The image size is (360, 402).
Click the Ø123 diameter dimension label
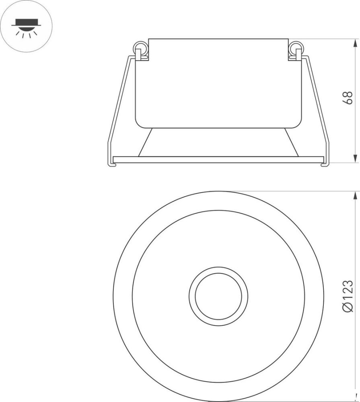348,296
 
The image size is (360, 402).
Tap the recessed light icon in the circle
26,26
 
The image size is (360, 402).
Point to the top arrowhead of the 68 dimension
355,43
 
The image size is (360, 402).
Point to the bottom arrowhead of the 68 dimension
355,158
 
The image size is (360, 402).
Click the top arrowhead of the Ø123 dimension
355,195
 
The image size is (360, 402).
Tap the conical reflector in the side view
218,142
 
